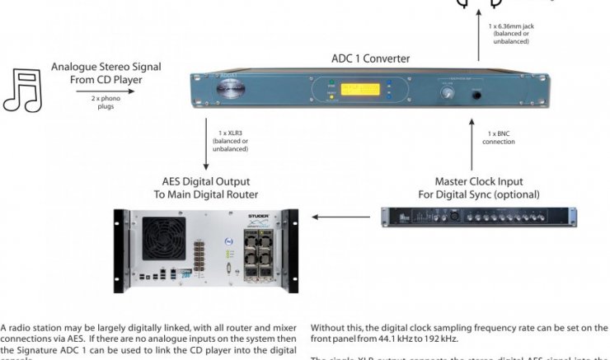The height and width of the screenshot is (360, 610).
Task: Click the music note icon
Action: coord(23,90)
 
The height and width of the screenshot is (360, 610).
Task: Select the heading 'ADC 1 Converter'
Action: coord(369,58)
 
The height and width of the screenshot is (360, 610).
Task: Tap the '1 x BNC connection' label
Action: coord(500,137)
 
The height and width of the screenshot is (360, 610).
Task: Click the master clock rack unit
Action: coord(479,217)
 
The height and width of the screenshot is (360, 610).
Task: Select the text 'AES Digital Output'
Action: coord(204,181)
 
